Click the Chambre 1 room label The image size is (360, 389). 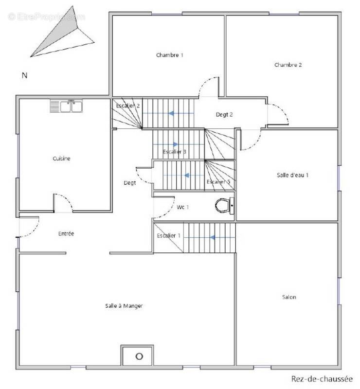click(170, 55)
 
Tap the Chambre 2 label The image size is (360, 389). click(288, 65)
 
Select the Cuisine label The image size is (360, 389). click(61, 159)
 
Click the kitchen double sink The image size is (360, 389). click(66, 106)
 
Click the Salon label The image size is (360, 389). click(289, 297)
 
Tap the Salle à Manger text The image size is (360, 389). click(124, 306)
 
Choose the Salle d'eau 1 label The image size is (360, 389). click(292, 175)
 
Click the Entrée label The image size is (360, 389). click(66, 233)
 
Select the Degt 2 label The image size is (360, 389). click(224, 114)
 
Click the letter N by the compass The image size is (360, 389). click(24, 75)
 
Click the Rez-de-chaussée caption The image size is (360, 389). click(322, 379)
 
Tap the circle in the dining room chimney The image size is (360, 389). click(139, 356)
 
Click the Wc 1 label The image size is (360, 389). click(183, 207)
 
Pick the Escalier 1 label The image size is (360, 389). click(169, 235)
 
